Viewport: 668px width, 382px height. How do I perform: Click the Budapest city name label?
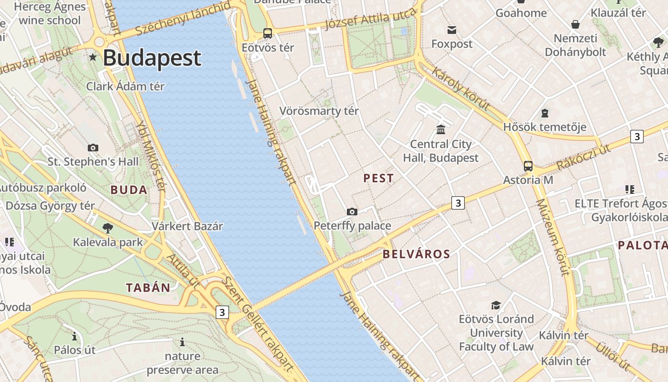point(152,58)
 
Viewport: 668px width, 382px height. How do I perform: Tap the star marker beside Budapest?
point(93,57)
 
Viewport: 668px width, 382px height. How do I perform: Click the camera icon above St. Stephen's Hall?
point(93,148)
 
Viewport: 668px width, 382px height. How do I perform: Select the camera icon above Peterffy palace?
point(352,212)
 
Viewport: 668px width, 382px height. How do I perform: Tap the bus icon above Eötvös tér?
point(268,33)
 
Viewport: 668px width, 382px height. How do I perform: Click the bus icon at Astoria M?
point(528,166)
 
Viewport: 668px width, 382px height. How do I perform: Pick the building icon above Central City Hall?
point(441,129)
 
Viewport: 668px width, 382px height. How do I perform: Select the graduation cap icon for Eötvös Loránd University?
point(496,305)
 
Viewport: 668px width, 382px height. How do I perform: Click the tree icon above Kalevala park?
point(108,228)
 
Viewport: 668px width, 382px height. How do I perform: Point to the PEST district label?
point(378,179)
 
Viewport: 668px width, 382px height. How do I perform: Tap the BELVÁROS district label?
point(416,254)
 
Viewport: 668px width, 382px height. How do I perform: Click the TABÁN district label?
point(148,287)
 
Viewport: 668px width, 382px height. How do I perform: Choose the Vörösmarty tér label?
point(319,111)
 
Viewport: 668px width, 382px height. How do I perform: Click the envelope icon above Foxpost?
point(451,30)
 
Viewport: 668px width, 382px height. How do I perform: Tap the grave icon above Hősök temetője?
point(545,113)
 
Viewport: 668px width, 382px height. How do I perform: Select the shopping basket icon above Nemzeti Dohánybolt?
point(575,24)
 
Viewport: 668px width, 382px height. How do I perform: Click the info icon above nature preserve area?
point(182,342)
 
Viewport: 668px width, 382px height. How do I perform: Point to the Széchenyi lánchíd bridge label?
point(183,19)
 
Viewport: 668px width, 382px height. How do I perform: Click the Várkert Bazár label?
point(187,226)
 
